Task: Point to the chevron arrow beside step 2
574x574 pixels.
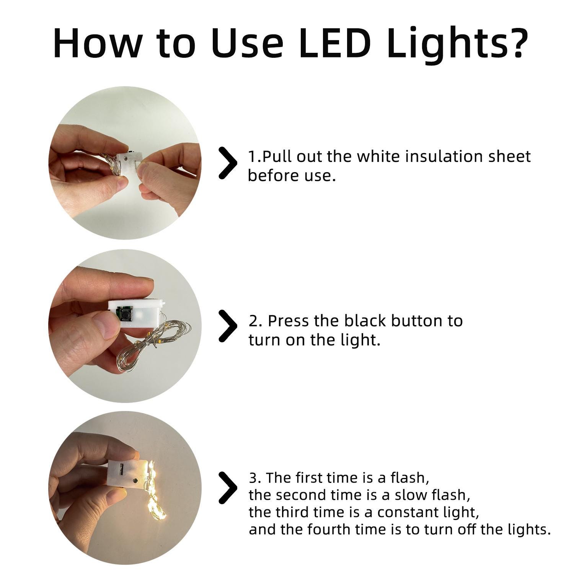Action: click(227, 326)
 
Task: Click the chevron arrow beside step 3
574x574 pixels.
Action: click(227, 488)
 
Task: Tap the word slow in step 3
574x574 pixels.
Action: click(411, 495)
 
